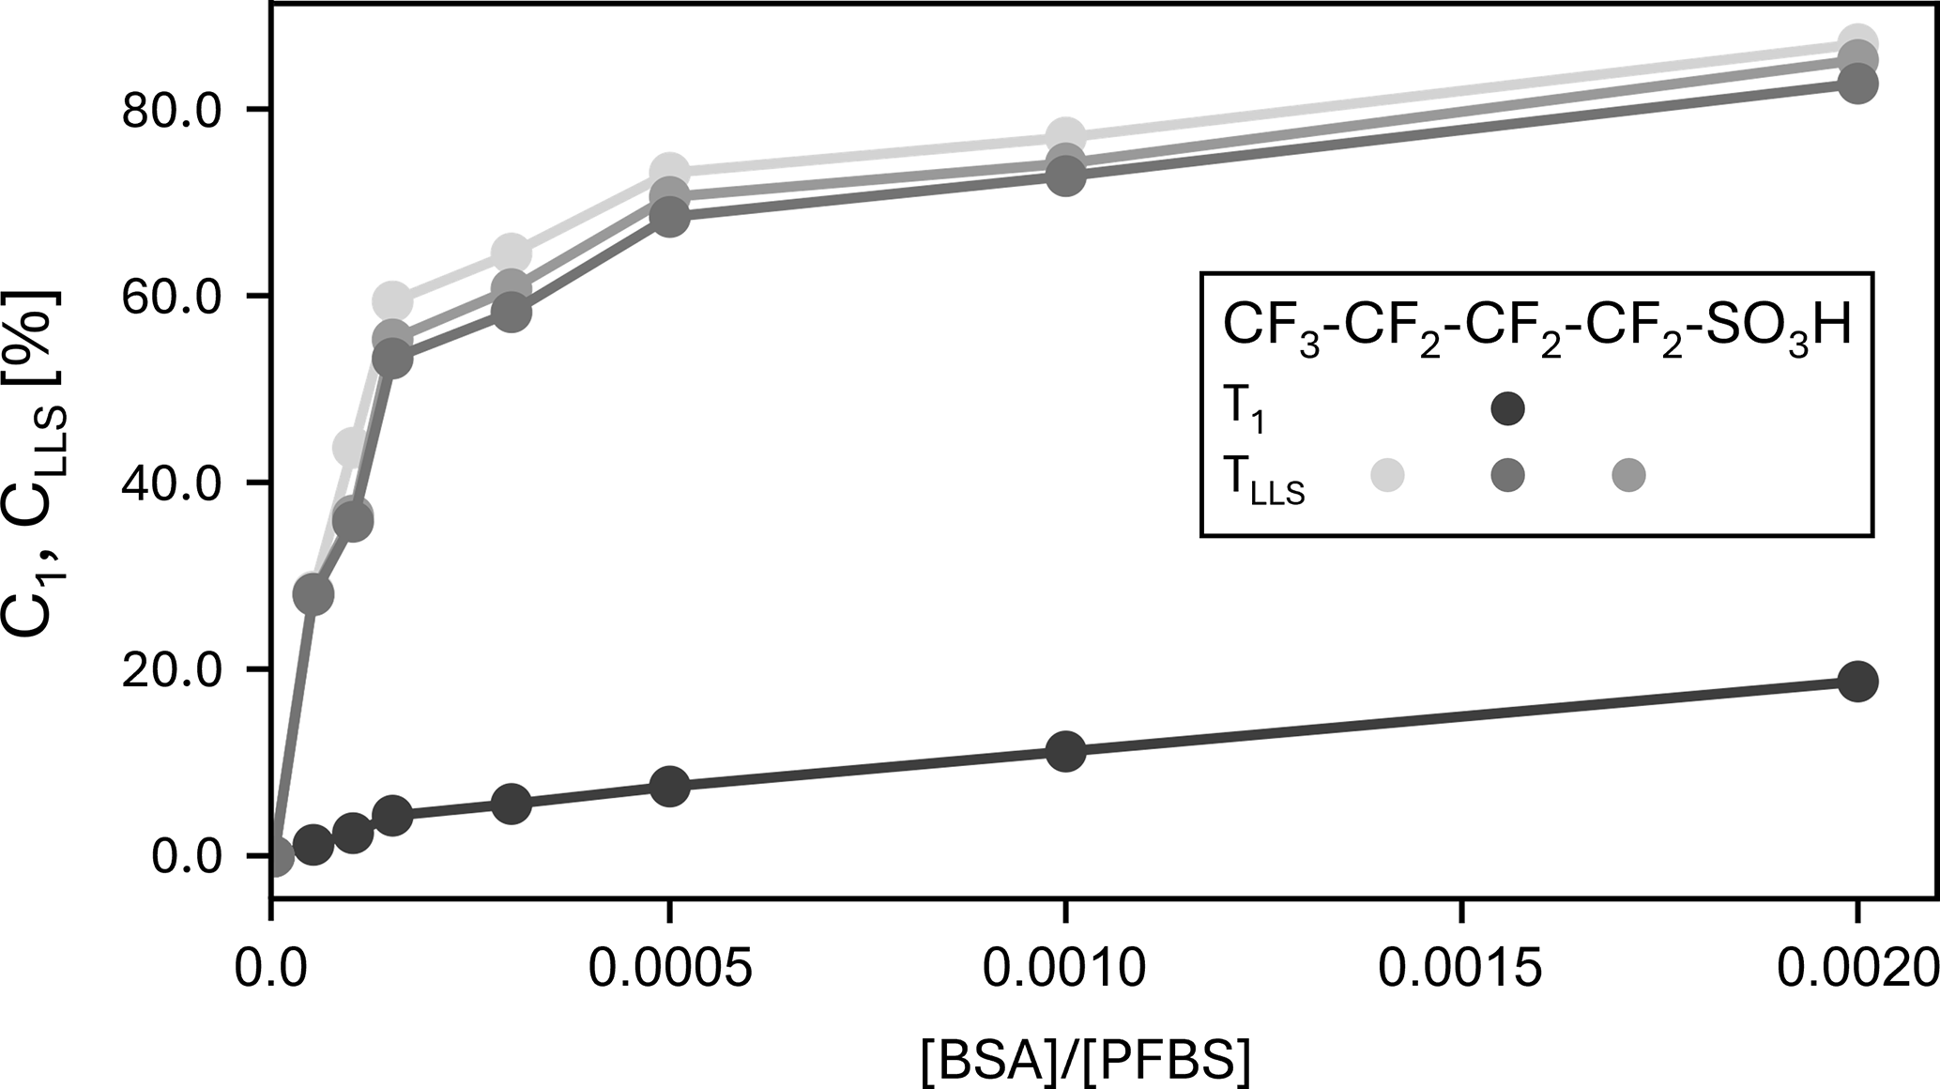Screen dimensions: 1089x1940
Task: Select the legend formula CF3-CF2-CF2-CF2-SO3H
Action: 1536,329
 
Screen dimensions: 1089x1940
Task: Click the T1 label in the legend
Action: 1244,411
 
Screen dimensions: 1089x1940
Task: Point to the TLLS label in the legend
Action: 1262,480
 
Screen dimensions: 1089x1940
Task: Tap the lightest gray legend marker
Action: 1387,475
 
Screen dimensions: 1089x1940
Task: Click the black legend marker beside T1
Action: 1507,408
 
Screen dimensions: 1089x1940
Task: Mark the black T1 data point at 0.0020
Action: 1857,681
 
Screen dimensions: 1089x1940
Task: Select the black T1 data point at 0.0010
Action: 1065,751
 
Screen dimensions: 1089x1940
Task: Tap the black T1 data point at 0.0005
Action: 669,786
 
